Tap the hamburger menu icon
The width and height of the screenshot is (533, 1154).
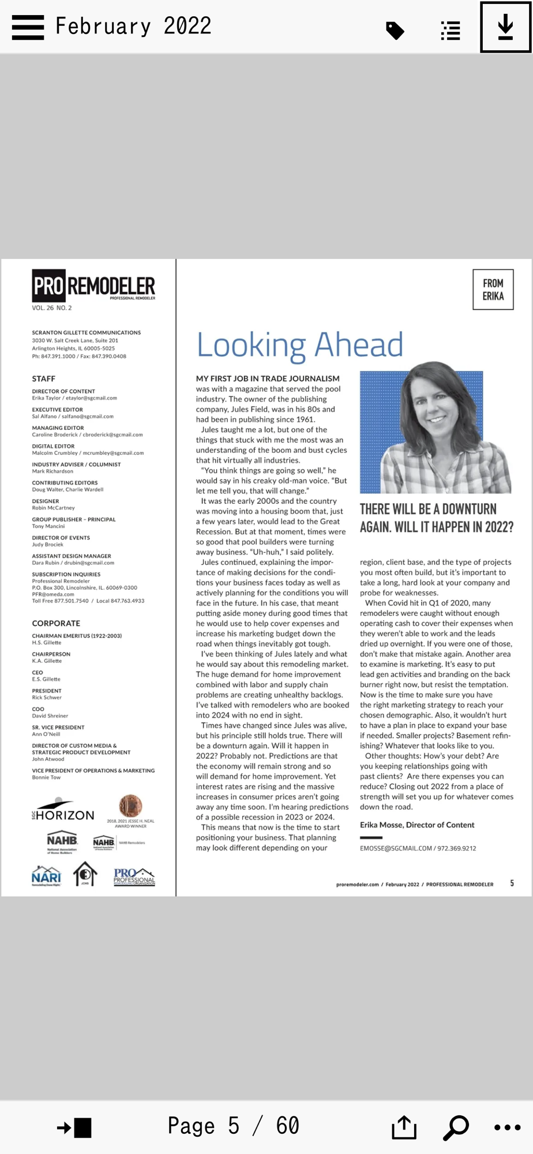coord(28,27)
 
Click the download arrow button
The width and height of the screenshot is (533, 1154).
coord(505,27)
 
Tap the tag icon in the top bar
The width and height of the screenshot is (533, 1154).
coord(395,31)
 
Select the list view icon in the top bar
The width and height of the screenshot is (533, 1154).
coord(451,31)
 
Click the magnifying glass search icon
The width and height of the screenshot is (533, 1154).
coord(456,1127)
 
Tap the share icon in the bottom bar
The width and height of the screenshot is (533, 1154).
coord(404,1127)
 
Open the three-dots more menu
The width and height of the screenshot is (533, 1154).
coord(507,1127)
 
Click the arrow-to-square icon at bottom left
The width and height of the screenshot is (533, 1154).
coord(75,1127)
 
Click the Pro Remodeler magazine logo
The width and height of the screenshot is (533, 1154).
coord(93,285)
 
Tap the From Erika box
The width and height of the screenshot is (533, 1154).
coord(493,290)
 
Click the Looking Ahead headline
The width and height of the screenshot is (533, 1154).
coord(299,345)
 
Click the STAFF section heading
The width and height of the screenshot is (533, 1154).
coord(44,379)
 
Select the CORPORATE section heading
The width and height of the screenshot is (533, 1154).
coord(56,623)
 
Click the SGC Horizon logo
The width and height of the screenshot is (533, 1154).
coord(63,811)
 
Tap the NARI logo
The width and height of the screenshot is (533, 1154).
coord(46,876)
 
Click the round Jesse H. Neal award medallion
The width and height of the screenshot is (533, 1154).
coord(130,805)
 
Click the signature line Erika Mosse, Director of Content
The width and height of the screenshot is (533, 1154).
coord(417,825)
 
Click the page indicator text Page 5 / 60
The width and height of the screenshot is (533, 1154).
coord(234,1126)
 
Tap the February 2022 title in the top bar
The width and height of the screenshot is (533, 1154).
coord(133,27)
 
